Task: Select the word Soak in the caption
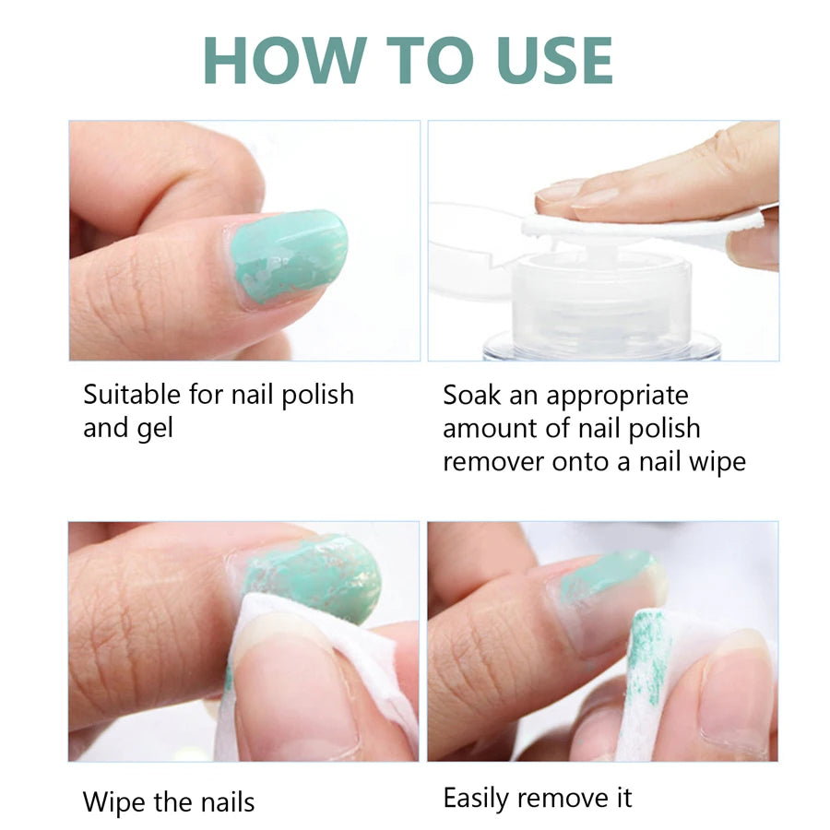(x=473, y=396)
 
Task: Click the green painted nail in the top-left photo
(x=288, y=254)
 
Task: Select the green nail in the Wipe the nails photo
(x=314, y=576)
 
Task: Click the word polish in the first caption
(x=317, y=396)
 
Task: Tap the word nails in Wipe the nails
(x=221, y=802)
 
